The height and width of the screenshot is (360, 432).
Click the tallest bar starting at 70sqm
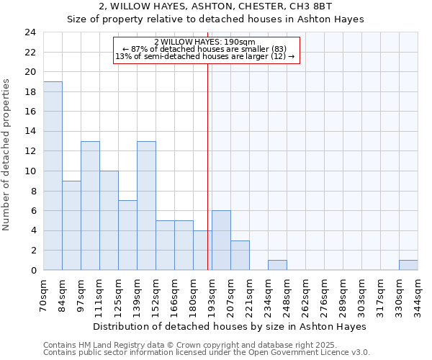tap(53, 176)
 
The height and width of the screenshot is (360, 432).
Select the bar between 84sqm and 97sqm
tap(71, 225)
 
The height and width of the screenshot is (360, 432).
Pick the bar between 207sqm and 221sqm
tap(240, 256)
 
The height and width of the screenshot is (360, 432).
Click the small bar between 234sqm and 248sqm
tap(277, 265)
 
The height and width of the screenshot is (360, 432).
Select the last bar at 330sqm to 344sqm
tap(408, 265)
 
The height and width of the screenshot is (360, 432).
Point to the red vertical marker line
tap(207, 166)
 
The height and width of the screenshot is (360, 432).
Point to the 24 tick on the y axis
tap(30, 32)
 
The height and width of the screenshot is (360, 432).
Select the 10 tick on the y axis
tap(30, 171)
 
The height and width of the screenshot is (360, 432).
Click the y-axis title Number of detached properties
tap(7, 155)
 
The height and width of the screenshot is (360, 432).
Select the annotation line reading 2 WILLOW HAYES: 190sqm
tap(204, 42)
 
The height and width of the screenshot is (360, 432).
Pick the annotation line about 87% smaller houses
tap(204, 49)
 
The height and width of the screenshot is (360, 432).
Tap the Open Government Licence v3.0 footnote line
tap(207, 352)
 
